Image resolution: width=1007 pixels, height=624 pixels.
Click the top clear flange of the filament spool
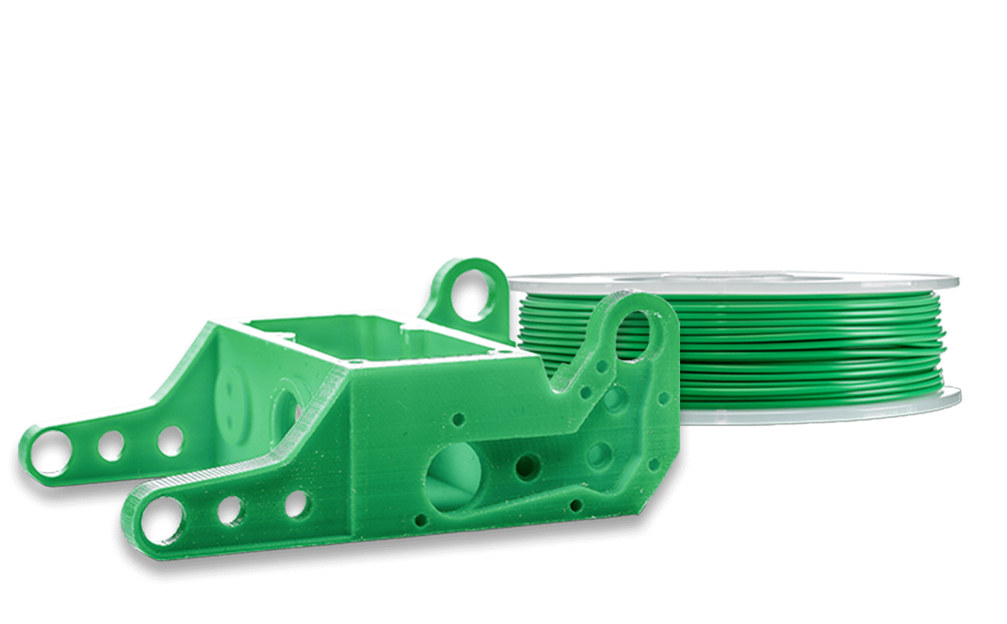[738, 282]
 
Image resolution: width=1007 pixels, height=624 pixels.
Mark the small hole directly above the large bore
[459, 419]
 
